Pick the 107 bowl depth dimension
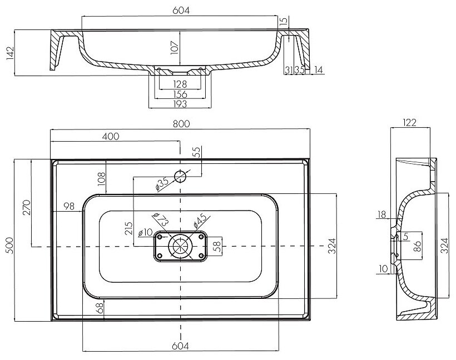tap(174, 48)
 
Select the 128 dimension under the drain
tap(179, 84)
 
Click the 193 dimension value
tap(179, 104)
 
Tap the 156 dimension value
tap(179, 94)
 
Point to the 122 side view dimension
tap(411, 122)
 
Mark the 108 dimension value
tap(101, 178)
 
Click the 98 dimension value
tap(70, 206)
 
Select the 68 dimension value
tap(101, 308)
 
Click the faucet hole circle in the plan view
tap(180, 176)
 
